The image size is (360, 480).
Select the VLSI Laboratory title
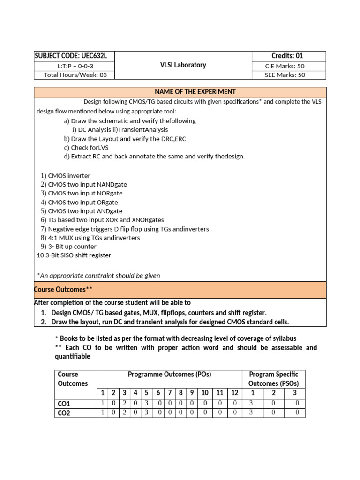[183, 65]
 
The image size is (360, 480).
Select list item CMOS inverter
[69, 176]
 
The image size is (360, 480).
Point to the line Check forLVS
[89, 148]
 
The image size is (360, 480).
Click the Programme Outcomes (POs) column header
[169, 375]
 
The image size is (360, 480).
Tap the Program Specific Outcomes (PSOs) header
[273, 379]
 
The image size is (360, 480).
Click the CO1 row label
[64, 404]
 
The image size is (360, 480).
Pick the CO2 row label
[64, 413]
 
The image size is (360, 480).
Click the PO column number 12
[235, 393]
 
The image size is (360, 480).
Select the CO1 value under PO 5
[146, 404]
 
